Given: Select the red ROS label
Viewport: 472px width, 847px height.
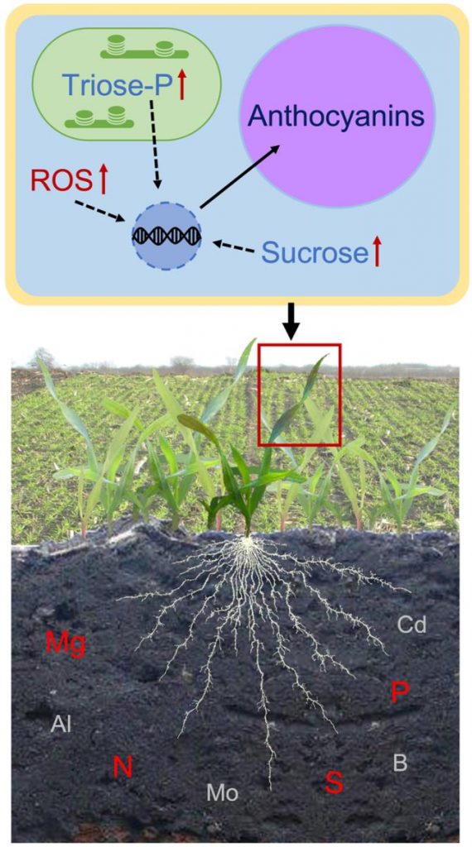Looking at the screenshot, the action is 61,181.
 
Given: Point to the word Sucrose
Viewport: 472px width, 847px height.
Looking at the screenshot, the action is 315,252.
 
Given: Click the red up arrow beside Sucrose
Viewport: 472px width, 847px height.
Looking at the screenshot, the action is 377,252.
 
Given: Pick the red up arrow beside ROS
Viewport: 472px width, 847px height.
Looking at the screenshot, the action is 102,181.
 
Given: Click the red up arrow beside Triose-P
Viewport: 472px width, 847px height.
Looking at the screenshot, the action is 182,85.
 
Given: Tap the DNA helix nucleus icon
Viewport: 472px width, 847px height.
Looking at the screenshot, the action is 166,236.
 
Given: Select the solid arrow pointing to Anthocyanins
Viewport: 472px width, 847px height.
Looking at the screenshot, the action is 239,176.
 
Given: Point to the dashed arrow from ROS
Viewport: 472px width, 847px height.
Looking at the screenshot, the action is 99,211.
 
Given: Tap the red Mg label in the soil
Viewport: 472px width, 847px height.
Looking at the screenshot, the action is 65,644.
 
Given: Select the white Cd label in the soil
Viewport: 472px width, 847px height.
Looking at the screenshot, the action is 412,624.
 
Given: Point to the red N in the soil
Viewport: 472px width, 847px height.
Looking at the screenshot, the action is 123,767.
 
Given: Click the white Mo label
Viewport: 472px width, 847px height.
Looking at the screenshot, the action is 222,793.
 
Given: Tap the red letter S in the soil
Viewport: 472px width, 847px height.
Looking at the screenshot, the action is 335,782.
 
